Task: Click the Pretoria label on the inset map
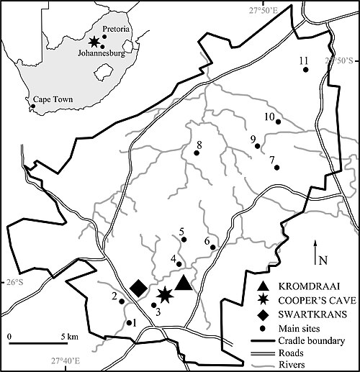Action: pyautogui.click(x=116, y=29)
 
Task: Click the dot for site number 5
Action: pyautogui.click(x=184, y=240)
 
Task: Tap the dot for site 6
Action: pyautogui.click(x=212, y=248)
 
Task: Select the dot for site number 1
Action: pyautogui.click(x=129, y=322)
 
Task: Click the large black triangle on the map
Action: pyautogui.click(x=184, y=284)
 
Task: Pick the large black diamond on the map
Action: pyautogui.click(x=139, y=289)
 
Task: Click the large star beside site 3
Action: pyautogui.click(x=165, y=294)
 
